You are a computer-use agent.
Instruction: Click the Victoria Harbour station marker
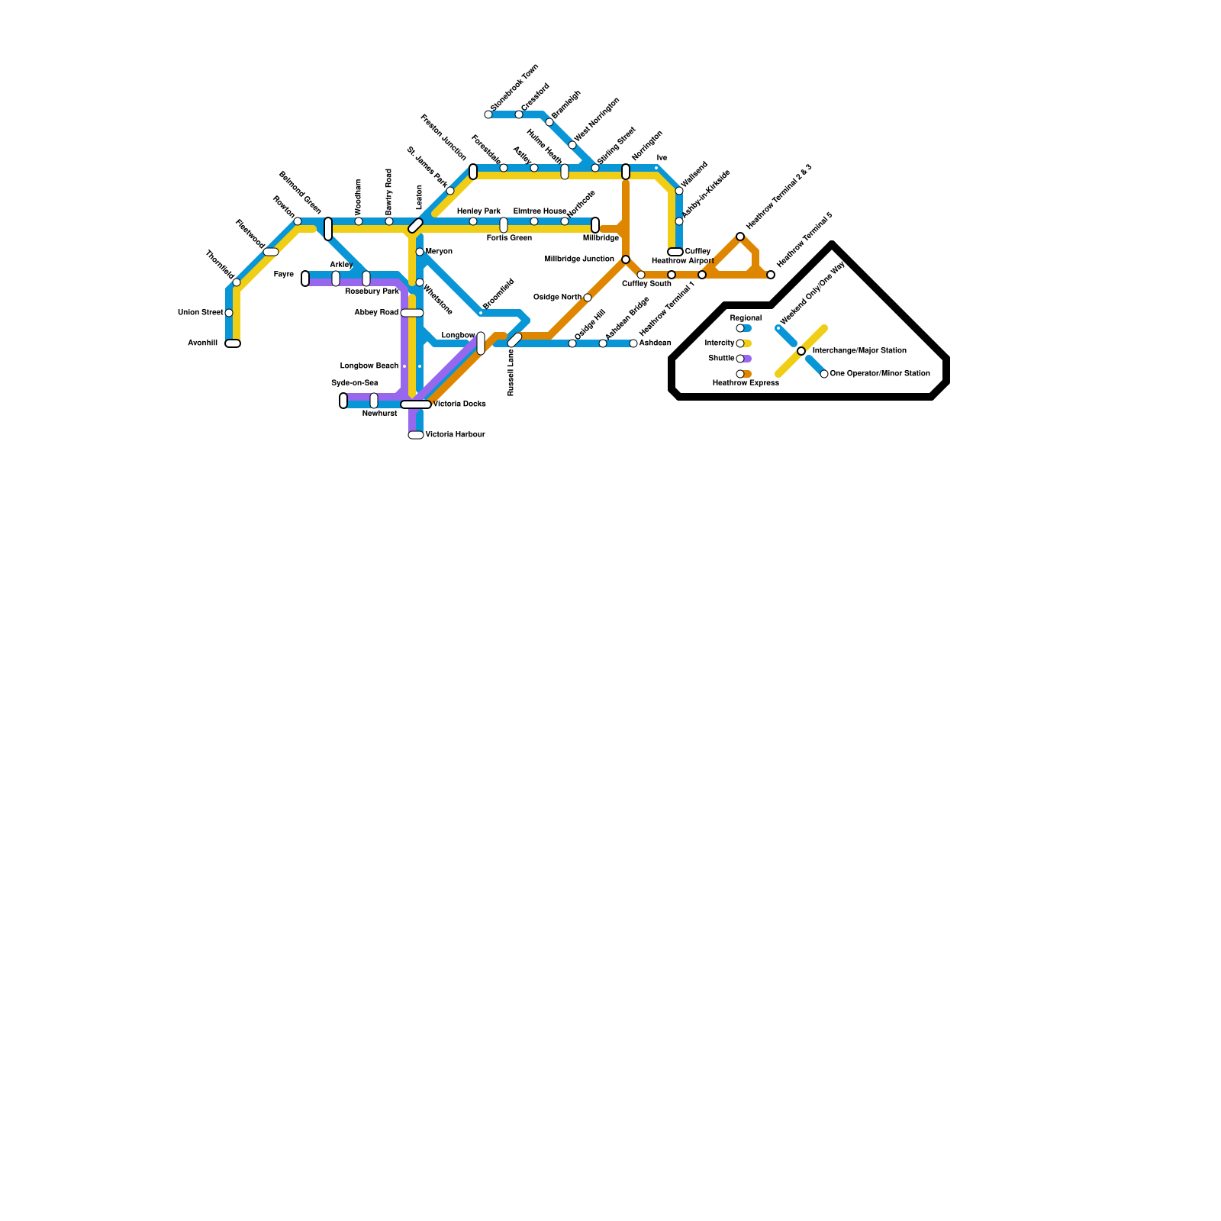click(x=416, y=435)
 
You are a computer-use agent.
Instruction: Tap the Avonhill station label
click(x=203, y=343)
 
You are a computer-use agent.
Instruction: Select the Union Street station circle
click(x=229, y=313)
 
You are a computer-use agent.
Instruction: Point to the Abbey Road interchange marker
click(x=412, y=313)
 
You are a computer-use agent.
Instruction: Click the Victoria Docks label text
click(x=459, y=404)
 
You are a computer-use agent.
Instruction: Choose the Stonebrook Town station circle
click(x=488, y=114)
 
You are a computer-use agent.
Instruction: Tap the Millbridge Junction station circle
click(x=626, y=259)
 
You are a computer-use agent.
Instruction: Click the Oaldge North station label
click(x=557, y=297)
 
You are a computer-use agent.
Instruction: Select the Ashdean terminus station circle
click(x=633, y=343)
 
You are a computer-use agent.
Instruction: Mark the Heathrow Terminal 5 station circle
click(x=771, y=275)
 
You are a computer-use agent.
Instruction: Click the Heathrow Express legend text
click(x=746, y=383)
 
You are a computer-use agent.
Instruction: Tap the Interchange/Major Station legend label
click(x=859, y=351)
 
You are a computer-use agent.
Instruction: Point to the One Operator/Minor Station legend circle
click(x=824, y=374)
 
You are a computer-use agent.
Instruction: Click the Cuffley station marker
click(x=675, y=252)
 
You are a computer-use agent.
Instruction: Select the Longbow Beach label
click(x=369, y=366)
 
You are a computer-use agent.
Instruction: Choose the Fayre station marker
click(x=305, y=279)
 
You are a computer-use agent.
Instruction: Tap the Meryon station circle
click(x=420, y=252)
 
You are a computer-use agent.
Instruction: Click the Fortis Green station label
click(x=509, y=238)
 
